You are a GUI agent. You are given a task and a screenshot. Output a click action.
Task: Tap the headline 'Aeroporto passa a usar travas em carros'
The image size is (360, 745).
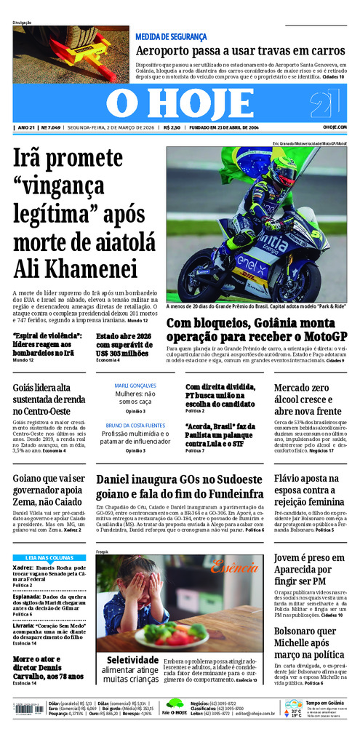[240, 51]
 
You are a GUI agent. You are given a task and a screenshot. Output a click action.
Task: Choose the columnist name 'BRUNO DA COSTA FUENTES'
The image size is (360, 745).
[135, 425]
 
